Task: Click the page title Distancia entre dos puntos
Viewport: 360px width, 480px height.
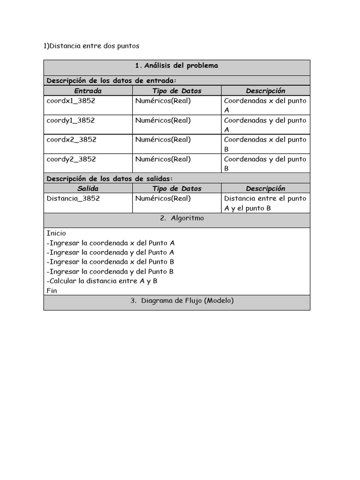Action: point(91,46)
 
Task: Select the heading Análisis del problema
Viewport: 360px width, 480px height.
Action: point(176,66)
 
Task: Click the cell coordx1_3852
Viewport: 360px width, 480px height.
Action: point(71,101)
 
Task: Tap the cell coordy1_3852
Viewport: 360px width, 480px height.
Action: point(71,120)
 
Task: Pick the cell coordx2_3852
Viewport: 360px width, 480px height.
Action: point(71,140)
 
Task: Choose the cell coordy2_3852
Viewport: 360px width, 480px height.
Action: point(71,159)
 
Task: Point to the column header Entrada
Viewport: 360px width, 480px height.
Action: point(88,91)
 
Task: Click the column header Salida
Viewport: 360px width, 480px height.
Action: point(88,188)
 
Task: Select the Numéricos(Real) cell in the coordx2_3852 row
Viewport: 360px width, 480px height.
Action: point(163,140)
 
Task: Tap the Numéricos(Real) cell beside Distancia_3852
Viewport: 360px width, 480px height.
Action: point(163,198)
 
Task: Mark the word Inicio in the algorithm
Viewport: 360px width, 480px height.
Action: point(56,233)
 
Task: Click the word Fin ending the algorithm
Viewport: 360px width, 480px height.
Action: point(52,291)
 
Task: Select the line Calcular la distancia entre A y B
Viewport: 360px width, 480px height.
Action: point(102,281)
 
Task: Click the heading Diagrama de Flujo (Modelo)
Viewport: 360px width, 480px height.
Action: point(182,301)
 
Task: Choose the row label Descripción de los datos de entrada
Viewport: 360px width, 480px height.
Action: point(112,81)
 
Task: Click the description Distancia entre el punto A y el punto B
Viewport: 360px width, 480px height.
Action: point(265,203)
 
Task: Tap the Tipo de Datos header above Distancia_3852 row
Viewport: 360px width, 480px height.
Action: point(177,188)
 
